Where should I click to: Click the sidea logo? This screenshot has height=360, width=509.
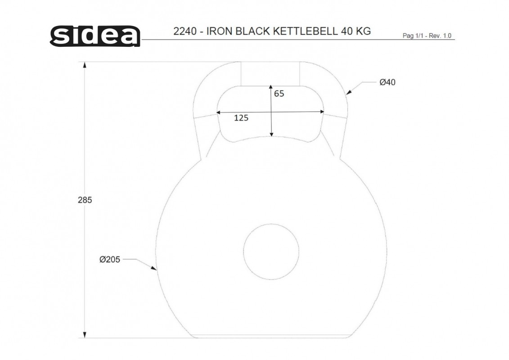(95, 36)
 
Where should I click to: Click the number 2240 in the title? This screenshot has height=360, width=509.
(185, 31)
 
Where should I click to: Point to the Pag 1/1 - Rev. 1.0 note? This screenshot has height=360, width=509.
(427, 36)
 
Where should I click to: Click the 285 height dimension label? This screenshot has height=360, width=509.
(85, 200)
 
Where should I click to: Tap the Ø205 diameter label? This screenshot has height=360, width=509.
(110, 259)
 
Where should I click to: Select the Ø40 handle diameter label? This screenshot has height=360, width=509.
(387, 82)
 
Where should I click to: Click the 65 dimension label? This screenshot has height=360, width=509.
(279, 94)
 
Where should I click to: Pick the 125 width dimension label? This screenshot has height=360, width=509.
(241, 118)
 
